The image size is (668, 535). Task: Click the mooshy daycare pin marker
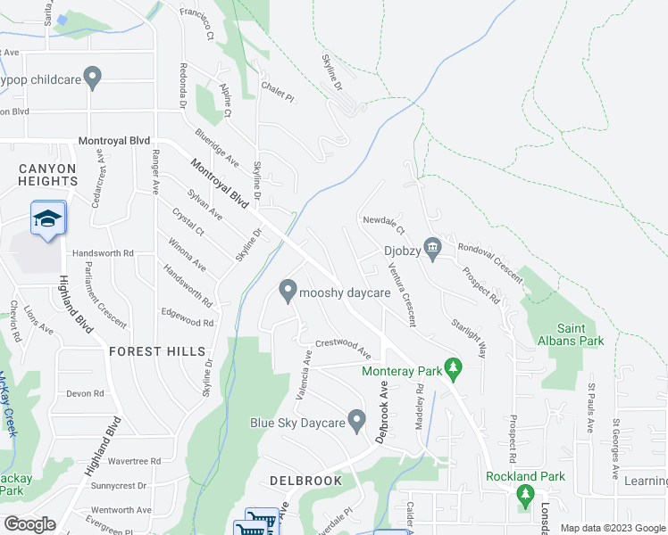[x=288, y=291]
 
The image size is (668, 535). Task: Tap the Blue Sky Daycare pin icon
[x=357, y=418]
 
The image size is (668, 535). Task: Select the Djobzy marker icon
[x=433, y=247]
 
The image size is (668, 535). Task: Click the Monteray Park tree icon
[x=454, y=366]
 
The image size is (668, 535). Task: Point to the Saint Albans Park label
[x=568, y=334]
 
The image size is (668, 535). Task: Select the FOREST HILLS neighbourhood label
[x=157, y=351]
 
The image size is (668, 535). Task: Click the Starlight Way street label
[x=469, y=337]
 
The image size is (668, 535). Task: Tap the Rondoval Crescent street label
[x=489, y=259]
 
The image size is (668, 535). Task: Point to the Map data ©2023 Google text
[x=612, y=528]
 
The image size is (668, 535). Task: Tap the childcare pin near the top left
[x=91, y=78]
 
